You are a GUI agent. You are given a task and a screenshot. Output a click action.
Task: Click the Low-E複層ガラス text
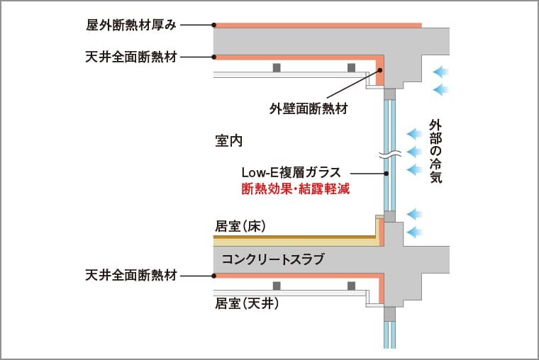click(x=291, y=172)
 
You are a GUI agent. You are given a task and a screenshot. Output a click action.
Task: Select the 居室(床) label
click(x=240, y=227)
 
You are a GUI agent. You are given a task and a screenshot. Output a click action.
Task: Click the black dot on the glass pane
click(x=387, y=173)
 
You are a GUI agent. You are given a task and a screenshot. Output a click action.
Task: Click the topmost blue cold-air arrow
click(x=441, y=71)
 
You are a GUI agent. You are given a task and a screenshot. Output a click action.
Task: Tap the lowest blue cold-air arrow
click(x=414, y=232)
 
